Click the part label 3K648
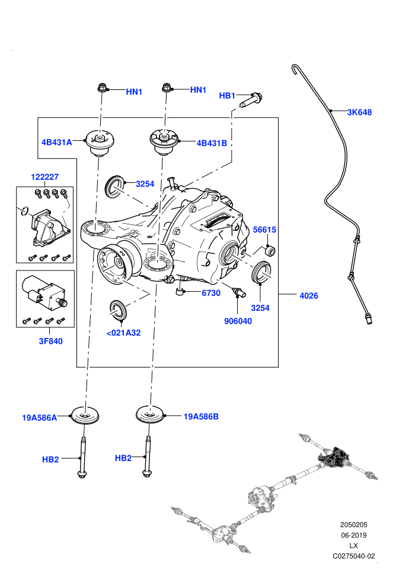pos(359,112)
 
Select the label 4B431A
pos(56,143)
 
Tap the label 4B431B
pos(212,143)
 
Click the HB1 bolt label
pos(227,96)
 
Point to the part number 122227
pos(44,177)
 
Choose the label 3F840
pos(50,341)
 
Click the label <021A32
pos(123,333)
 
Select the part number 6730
pos(211,293)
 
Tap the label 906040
pos(238,321)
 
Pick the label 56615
pos(264,230)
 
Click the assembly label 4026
pos(309,295)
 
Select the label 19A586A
pos(40,418)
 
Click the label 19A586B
pos(201,416)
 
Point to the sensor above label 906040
pos(238,292)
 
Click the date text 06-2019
pos(353,535)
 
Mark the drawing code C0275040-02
pos(353,556)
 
